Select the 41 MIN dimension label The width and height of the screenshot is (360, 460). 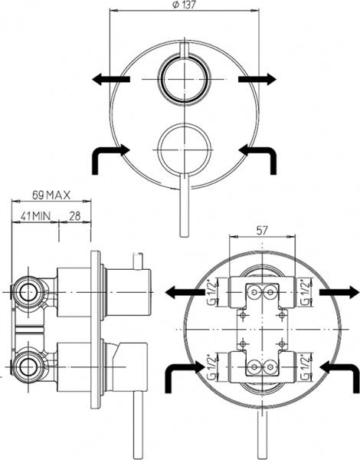(35, 217)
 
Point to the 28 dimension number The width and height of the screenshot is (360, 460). (76, 217)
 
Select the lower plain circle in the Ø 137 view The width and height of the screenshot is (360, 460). (182, 143)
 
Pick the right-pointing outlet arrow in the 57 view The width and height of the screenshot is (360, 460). (339, 292)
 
